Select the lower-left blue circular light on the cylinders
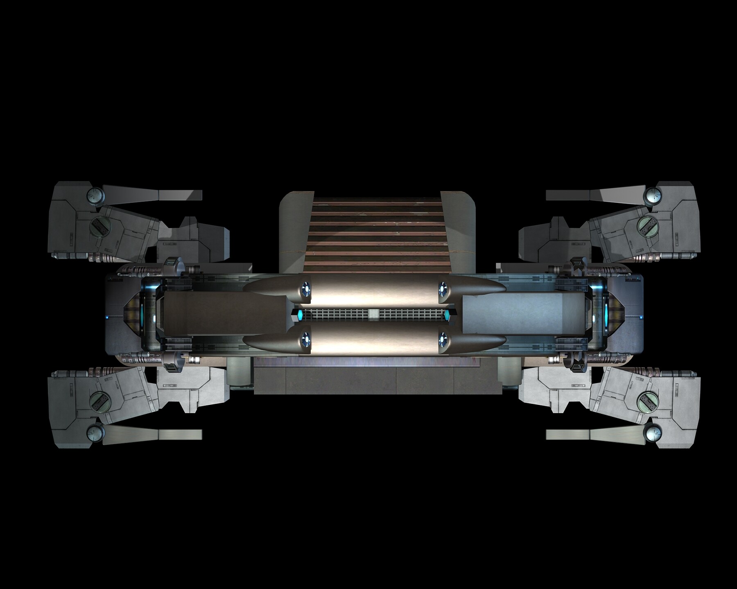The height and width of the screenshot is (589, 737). (305, 337)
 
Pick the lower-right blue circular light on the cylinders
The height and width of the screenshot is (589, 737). (443, 337)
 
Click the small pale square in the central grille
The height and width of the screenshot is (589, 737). (373, 314)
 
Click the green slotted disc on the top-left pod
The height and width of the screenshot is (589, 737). (98, 225)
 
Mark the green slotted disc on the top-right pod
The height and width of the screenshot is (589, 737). (647, 225)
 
